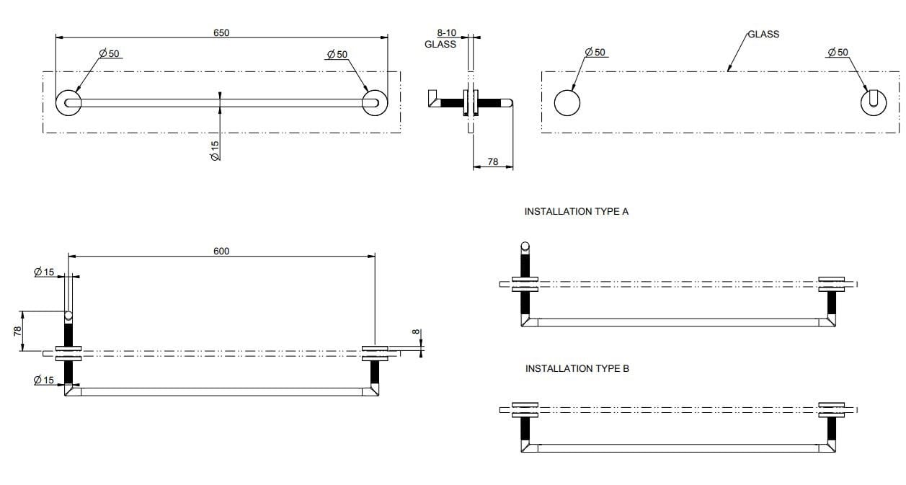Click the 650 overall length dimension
coord(221,32)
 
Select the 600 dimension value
coord(221,251)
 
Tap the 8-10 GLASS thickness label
coord(440,38)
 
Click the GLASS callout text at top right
coord(763,34)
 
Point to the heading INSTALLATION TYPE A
coord(576,212)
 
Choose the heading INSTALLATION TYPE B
coord(577,368)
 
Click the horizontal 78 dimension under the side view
coord(493,162)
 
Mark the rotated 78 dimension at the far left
coord(17,331)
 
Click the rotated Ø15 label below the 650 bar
coord(215,149)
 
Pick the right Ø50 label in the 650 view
coord(337,54)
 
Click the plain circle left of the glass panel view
coord(567,103)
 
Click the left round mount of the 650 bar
coord(69,103)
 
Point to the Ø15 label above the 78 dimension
coord(44,272)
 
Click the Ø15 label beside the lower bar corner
coord(44,380)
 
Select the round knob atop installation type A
coord(525,246)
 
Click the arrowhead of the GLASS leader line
coord(729,70)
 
